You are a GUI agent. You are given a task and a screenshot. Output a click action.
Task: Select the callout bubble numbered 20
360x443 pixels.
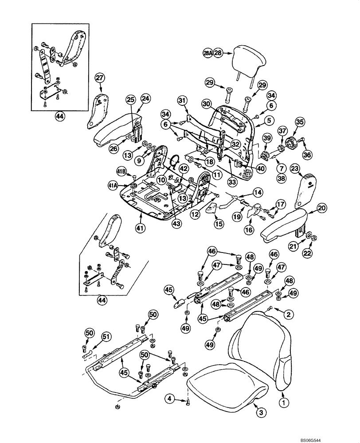[321, 207]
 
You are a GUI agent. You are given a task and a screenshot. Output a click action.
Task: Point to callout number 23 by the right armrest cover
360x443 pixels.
[296, 168]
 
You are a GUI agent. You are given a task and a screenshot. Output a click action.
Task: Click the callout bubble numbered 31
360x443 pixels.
[182, 101]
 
